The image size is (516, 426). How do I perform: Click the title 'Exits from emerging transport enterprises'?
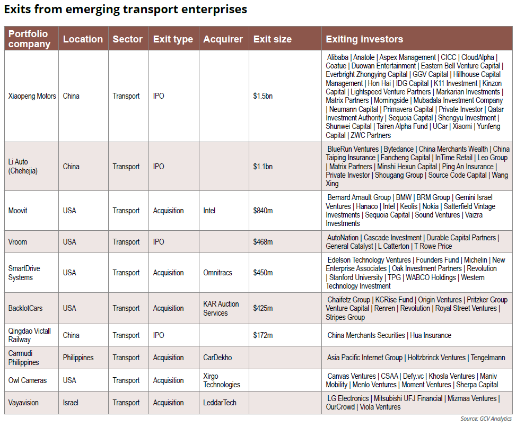[x=126, y=10]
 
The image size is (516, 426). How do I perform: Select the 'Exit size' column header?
[x=272, y=39]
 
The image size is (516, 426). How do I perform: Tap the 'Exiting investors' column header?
[x=364, y=39]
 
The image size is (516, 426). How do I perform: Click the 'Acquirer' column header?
[x=223, y=39]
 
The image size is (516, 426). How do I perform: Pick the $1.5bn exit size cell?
[x=263, y=96]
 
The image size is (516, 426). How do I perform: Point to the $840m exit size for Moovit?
[x=263, y=211]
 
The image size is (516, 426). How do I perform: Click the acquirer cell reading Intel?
[x=209, y=211]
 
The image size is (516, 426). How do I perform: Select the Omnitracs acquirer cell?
[x=217, y=273]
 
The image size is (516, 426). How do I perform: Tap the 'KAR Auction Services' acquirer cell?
[x=221, y=308]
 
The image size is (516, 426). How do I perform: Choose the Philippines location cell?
[x=78, y=358]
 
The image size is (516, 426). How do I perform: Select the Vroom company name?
[x=18, y=242]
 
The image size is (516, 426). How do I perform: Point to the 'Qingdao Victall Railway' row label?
[x=30, y=335]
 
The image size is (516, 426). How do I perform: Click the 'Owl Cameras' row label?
[x=28, y=380]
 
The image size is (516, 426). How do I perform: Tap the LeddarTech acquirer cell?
[x=220, y=403]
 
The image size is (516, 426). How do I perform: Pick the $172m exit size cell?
[x=263, y=335]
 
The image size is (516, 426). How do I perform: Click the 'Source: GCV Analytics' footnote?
[x=486, y=419]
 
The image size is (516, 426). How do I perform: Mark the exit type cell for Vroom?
[x=159, y=242]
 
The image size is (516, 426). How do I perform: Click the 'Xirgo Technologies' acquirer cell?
[x=222, y=380]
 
